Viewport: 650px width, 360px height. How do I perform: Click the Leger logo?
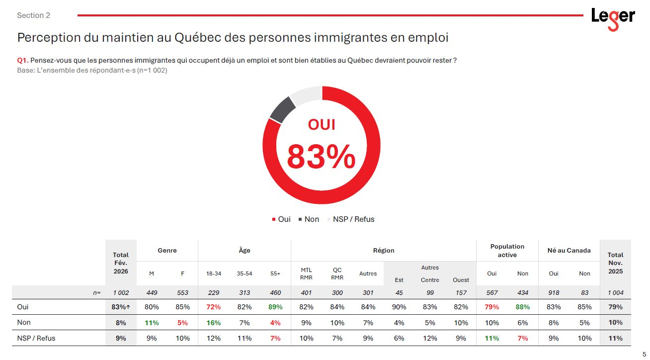(613, 18)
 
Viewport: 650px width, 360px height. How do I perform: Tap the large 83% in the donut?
(321, 156)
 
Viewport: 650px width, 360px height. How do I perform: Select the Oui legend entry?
(281, 219)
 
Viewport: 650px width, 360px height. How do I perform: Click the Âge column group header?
(244, 251)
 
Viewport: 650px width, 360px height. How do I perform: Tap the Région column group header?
(383, 251)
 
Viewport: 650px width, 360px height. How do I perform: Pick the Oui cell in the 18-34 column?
(214, 307)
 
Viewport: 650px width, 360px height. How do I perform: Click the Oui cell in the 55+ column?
(275, 307)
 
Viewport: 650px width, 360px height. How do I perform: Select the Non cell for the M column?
(152, 323)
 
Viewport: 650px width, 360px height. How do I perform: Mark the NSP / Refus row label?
(36, 338)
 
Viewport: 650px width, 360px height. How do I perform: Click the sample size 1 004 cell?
(615, 293)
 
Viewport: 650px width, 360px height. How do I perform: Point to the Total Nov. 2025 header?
(615, 263)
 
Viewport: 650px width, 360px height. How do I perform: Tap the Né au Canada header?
(569, 251)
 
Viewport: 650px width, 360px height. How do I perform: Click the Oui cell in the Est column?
(399, 307)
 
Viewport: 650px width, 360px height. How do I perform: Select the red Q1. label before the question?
(22, 60)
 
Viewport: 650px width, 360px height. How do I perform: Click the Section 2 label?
(33, 15)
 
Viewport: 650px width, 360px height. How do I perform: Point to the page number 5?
(644, 354)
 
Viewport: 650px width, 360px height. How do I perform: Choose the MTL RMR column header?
(306, 273)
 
